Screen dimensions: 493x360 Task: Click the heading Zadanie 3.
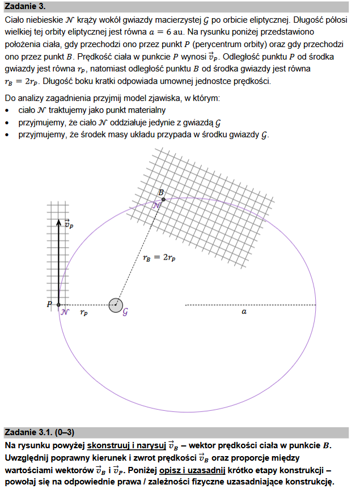[x=25, y=7]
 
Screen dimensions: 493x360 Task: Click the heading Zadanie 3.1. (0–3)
[x=40, y=432]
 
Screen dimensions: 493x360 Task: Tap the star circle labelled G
[x=116, y=305]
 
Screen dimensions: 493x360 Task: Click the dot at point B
[x=163, y=199]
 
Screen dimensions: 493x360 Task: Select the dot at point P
[x=58, y=305]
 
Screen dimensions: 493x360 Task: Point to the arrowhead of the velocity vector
[x=58, y=223]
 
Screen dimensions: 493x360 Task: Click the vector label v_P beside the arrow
[x=69, y=224]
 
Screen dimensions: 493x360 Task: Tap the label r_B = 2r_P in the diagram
[x=159, y=258]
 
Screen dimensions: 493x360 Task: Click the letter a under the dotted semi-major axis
[x=244, y=311]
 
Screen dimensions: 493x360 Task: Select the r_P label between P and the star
[x=83, y=312]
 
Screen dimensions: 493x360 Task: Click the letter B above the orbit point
[x=161, y=193]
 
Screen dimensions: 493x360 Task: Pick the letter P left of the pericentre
[x=50, y=305]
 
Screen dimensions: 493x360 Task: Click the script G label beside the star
[x=125, y=312]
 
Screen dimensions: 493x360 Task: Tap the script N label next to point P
[x=66, y=312]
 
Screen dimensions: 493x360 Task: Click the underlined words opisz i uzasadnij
[x=192, y=470]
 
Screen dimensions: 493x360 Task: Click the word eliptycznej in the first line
[x=261, y=19]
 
